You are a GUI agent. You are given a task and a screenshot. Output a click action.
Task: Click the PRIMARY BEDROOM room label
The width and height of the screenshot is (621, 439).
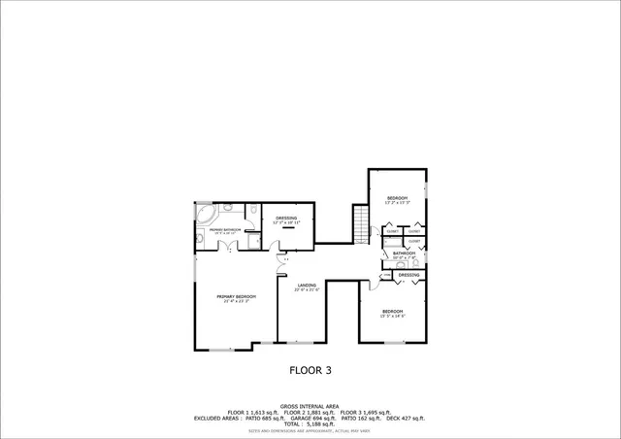[223, 298]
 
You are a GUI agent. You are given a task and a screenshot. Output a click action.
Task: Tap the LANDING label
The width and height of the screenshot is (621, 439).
[307, 286]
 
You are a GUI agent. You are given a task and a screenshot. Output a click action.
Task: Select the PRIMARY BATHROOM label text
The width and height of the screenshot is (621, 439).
[224, 230]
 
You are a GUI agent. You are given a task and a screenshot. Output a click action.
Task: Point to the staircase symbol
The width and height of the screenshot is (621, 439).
[362, 225]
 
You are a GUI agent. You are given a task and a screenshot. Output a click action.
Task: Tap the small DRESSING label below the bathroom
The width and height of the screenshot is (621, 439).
[409, 275]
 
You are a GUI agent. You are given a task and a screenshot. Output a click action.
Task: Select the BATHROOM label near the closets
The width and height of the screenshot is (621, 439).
[404, 253]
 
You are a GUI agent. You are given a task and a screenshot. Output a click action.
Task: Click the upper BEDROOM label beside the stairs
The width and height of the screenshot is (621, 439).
[398, 199]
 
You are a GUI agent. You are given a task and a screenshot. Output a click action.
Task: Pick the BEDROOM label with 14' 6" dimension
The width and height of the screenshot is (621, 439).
[391, 313]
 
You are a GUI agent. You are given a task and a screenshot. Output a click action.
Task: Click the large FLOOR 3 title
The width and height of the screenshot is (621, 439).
[310, 369]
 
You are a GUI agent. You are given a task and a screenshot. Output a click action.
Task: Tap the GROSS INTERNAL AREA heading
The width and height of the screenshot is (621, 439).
[310, 406]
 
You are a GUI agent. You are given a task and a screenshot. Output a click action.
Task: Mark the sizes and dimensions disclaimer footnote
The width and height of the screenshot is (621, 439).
[310, 430]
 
